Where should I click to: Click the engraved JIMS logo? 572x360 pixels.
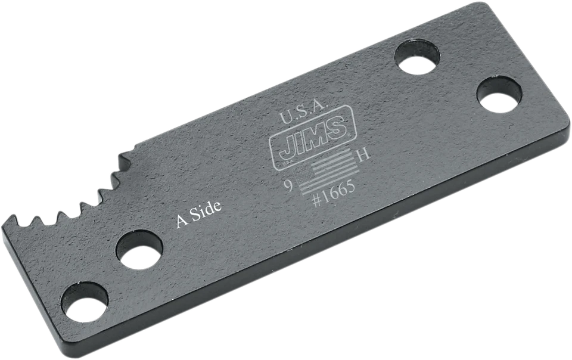pyautogui.click(x=309, y=135)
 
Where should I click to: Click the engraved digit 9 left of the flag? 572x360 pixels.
pyautogui.click(x=287, y=186)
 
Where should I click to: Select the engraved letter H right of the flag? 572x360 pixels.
pyautogui.click(x=362, y=156)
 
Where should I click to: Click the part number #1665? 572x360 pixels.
pyautogui.click(x=334, y=192)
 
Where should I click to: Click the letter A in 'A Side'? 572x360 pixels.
pyautogui.click(x=181, y=222)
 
